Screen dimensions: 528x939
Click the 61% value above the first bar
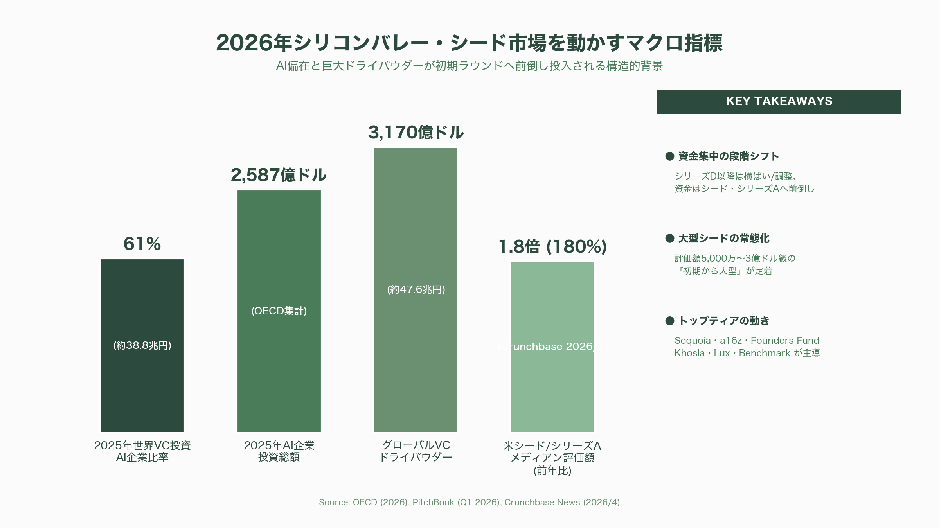(x=142, y=244)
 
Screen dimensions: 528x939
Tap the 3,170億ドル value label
(x=416, y=133)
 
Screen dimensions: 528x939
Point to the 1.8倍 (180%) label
(x=552, y=247)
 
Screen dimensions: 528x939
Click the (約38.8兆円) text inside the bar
(x=142, y=346)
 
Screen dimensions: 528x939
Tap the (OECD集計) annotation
(x=279, y=311)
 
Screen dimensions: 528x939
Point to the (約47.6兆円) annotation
(x=416, y=289)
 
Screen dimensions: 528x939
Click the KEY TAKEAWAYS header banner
(x=779, y=102)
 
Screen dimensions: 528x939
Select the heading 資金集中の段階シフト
(x=728, y=156)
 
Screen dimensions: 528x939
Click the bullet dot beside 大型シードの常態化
(x=669, y=239)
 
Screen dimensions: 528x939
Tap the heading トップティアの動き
(x=723, y=321)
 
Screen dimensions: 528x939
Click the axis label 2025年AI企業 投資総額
(x=279, y=451)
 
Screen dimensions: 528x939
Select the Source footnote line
(x=469, y=503)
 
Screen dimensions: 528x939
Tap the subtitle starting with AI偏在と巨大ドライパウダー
(x=469, y=66)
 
